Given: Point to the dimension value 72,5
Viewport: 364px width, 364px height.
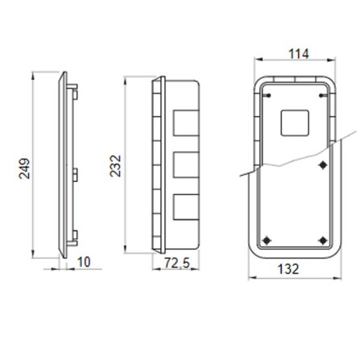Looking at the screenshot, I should [x=166, y=263].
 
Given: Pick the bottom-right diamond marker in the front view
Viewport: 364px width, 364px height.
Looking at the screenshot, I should [x=322, y=239].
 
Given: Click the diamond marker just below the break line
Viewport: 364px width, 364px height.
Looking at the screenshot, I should [x=322, y=165].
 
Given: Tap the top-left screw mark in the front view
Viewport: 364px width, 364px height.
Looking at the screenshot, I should [x=263, y=94].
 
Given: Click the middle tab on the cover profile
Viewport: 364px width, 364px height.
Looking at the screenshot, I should [x=72, y=172].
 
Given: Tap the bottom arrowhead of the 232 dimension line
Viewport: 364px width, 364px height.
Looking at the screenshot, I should [x=127, y=246].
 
